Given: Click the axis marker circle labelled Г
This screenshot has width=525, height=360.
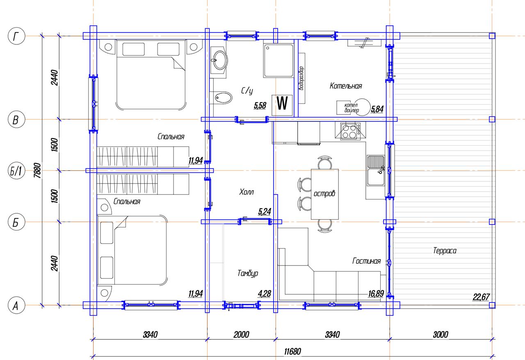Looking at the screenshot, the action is click(x=16, y=37).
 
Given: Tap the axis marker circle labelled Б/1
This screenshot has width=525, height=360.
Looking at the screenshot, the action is click(x=16, y=171).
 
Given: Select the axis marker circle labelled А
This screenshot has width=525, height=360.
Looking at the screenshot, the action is click(x=16, y=305).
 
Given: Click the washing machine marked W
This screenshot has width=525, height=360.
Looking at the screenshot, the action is click(x=282, y=105).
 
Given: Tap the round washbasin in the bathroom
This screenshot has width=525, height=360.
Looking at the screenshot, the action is click(x=219, y=60).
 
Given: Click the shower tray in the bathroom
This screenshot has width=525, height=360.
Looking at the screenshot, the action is click(x=278, y=60).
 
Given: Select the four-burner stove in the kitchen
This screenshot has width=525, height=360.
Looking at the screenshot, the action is click(x=350, y=131).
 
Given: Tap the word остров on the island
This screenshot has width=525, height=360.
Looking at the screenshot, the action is click(x=324, y=194).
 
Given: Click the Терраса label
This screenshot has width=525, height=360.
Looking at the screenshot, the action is click(x=445, y=251).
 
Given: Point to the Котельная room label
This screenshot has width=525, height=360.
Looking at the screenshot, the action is click(x=346, y=86).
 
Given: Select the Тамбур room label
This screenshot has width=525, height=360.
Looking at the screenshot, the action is click(x=248, y=273).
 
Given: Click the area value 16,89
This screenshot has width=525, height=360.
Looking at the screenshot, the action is click(x=376, y=294).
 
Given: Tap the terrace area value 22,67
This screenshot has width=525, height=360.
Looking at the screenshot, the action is click(x=481, y=297).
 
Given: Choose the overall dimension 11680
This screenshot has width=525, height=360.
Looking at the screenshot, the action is click(x=292, y=351).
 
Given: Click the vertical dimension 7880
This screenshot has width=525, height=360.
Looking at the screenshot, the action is click(x=37, y=170).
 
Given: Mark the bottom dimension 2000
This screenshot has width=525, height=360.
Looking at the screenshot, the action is click(x=241, y=335).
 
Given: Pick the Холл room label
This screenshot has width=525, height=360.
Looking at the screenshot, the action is click(x=247, y=192).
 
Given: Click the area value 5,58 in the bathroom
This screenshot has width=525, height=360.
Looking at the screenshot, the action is click(x=260, y=105).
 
